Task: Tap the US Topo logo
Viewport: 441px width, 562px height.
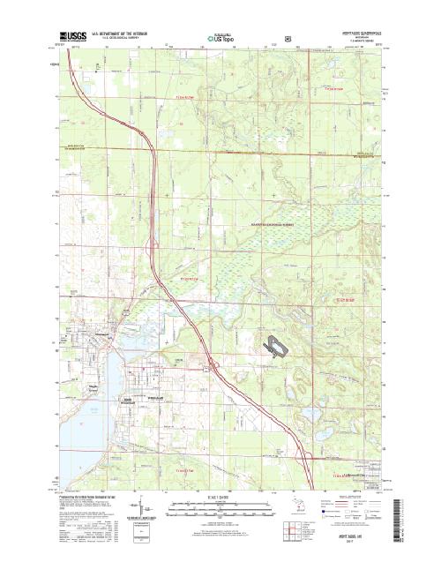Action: click(x=220, y=39)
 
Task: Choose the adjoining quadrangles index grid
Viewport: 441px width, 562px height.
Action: click(x=290, y=530)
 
